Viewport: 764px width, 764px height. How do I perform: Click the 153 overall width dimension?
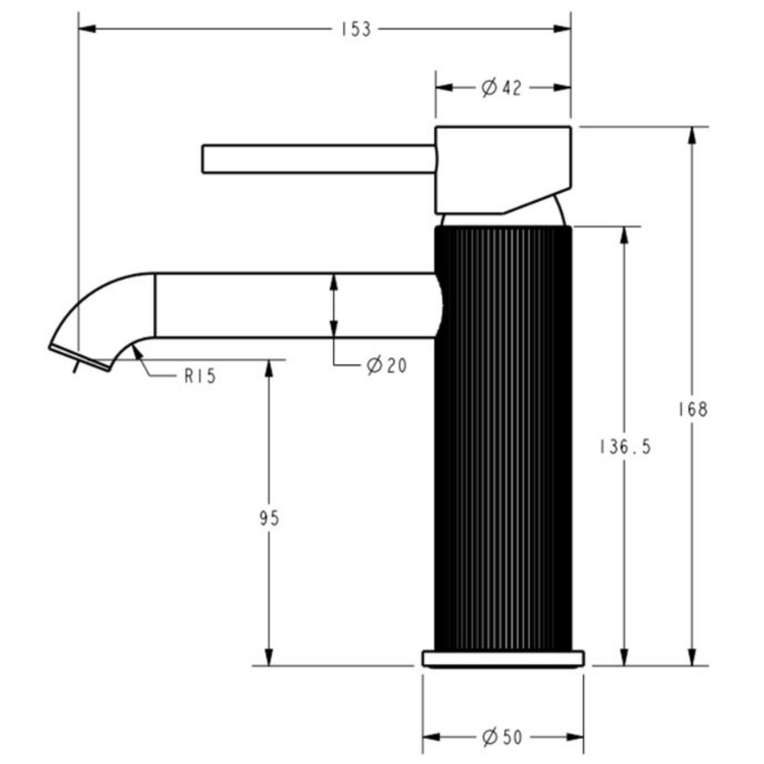[356, 30]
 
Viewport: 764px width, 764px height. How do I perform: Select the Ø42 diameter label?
[502, 88]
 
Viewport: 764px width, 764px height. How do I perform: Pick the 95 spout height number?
[269, 518]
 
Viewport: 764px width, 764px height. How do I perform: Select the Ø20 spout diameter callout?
[386, 366]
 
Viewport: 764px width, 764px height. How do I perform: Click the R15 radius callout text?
[201, 376]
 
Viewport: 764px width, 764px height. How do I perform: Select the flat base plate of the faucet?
[503, 659]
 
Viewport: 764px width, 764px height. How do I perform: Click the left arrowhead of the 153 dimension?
[87, 29]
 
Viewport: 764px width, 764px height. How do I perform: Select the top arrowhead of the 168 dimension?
[692, 136]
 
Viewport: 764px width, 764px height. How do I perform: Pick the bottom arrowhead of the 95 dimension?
[269, 656]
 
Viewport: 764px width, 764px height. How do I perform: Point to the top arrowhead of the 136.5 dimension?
[625, 236]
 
